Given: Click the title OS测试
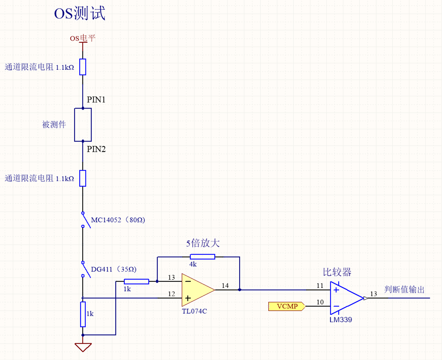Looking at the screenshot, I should tap(79, 14).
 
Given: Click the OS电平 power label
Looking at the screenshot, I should tap(82, 38).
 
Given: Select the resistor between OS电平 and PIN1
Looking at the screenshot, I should tap(83, 67).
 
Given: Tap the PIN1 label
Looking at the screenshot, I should tap(96, 100).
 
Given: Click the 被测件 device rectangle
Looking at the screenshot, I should tap(83, 125).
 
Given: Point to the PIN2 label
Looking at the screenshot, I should tap(96, 149).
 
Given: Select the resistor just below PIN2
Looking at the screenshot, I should tap(83, 178).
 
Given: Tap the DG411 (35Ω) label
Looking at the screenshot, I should tap(114, 269).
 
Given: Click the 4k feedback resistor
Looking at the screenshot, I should tap(202, 257).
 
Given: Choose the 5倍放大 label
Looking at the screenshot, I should tap(203, 243).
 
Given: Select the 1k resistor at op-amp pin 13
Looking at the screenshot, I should tap(136, 282).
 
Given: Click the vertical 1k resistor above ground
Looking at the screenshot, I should tap(83, 314).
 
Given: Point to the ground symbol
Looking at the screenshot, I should tap(83, 347).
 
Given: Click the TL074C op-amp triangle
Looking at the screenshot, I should tap(196, 290).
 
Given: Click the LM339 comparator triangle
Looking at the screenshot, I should tap(345, 298).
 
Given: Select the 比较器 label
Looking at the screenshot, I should tap(337, 272).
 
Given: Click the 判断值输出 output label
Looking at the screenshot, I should tap(404, 290).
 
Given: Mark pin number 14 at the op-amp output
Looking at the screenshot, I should tap(225, 286).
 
